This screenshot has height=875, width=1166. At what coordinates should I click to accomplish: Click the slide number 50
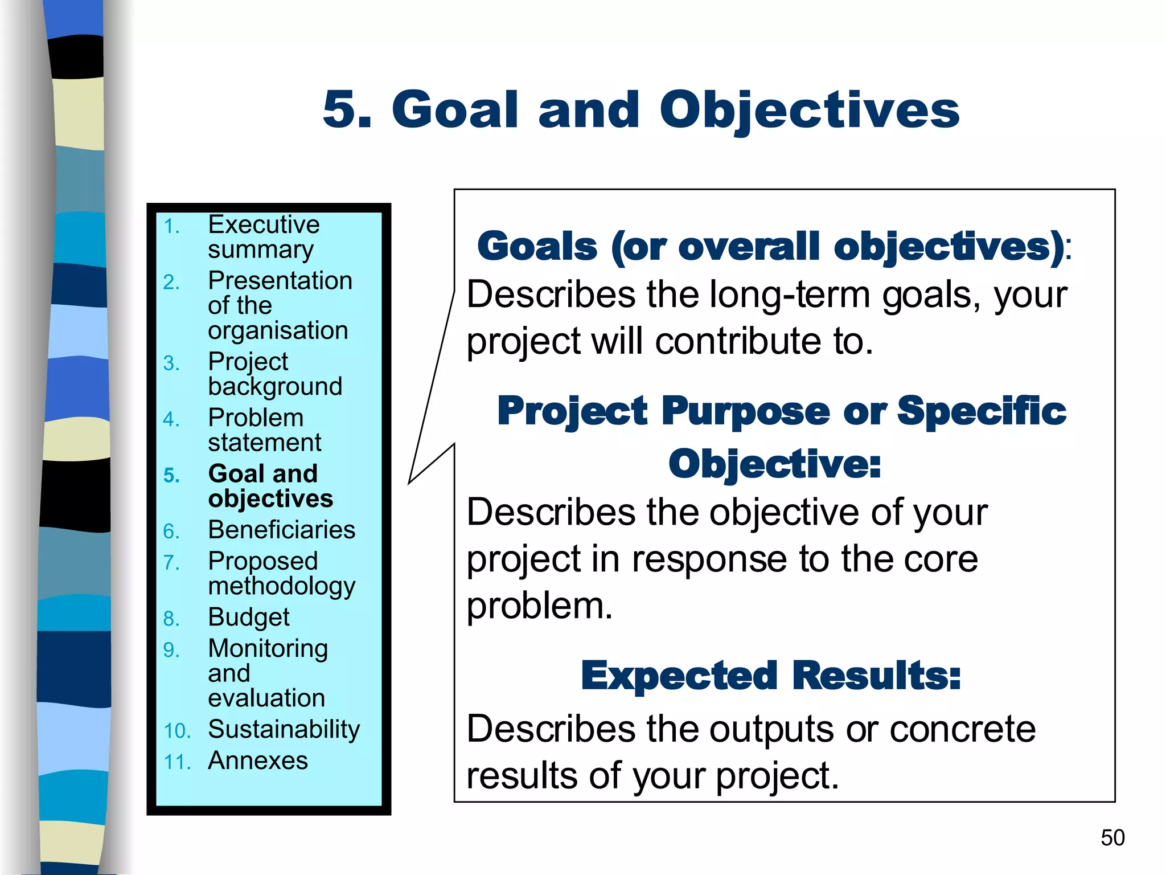click(x=1112, y=838)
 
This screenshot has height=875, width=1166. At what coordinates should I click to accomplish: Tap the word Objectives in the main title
click(x=809, y=111)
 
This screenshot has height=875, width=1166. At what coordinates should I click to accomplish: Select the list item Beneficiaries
click(x=281, y=530)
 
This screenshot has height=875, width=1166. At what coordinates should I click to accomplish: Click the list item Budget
click(x=248, y=618)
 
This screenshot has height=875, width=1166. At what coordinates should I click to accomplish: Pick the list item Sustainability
click(x=284, y=729)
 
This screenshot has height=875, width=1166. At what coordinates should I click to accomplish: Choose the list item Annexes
click(x=257, y=760)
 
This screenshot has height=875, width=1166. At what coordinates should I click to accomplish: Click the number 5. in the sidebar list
click(x=171, y=475)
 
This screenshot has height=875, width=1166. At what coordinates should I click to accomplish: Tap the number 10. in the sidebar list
click(x=176, y=731)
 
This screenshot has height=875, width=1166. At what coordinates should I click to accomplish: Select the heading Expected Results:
click(x=770, y=676)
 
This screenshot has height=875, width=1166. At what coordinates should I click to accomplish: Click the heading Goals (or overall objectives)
click(x=770, y=247)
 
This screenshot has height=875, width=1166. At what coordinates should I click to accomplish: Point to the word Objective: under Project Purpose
click(x=774, y=464)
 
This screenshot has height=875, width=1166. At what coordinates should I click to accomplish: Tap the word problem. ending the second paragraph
click(x=539, y=606)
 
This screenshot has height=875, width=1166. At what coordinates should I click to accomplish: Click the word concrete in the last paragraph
click(x=962, y=729)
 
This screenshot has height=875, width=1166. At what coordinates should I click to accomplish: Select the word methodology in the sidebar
click(x=281, y=587)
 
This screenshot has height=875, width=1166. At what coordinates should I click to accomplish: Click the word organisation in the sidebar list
click(x=278, y=330)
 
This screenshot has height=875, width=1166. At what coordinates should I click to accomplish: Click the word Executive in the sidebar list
click(x=263, y=224)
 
